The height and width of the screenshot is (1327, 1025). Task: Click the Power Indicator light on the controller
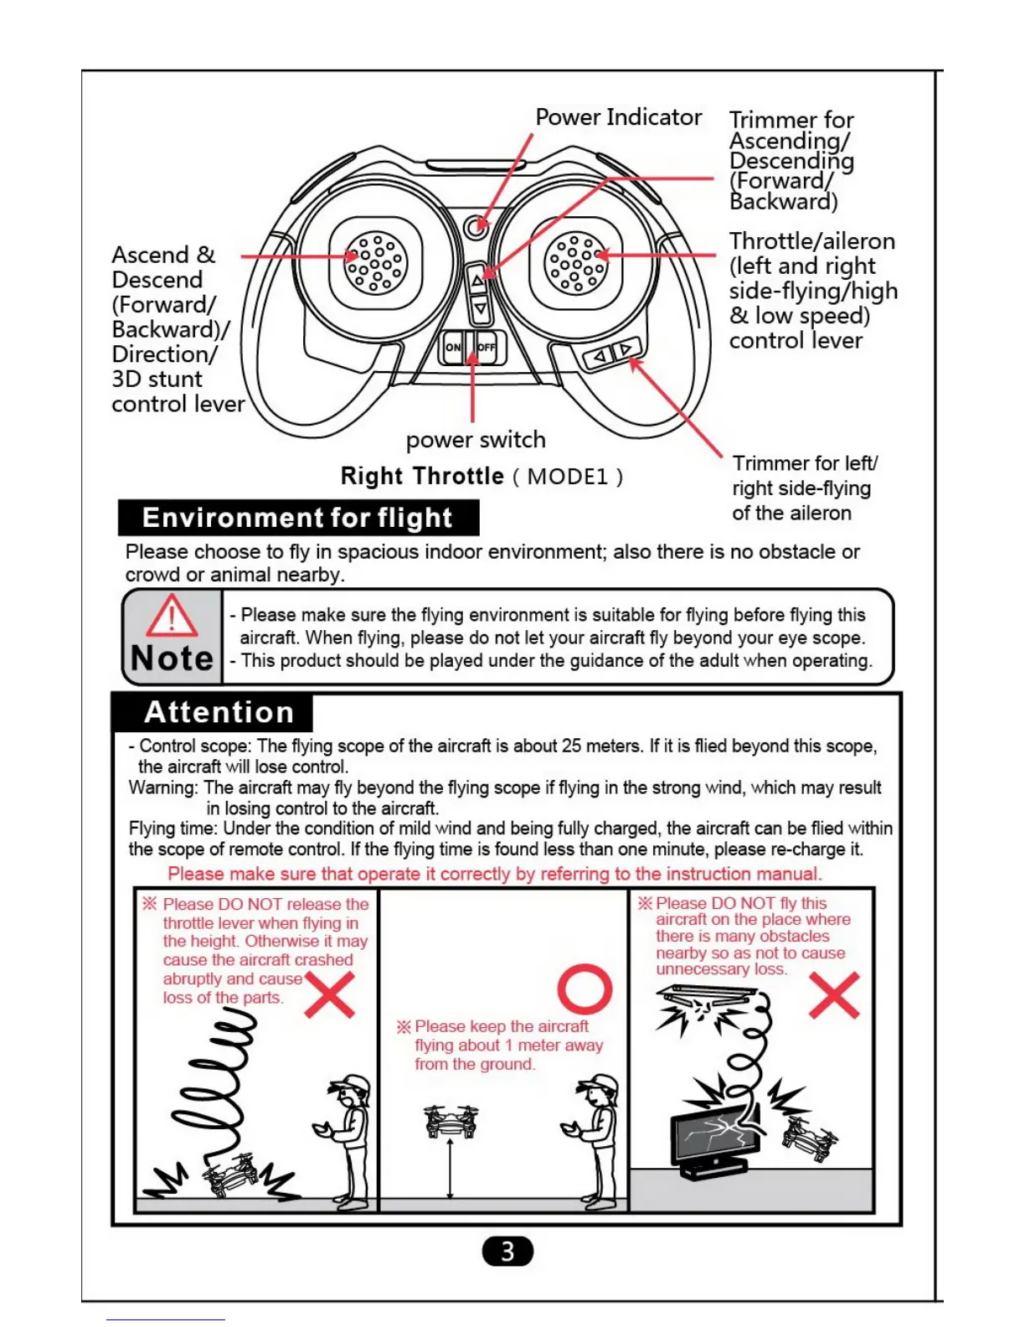coord(476,225)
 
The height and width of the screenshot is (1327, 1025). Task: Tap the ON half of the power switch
coord(453,347)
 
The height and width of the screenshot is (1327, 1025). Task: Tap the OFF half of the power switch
coord(487,347)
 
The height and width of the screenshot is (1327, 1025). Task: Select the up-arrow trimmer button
coord(477,280)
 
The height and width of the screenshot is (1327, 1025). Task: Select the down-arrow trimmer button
coord(480,309)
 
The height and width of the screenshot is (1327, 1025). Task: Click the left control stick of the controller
coord(376,262)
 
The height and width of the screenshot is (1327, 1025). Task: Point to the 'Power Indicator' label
coord(618,117)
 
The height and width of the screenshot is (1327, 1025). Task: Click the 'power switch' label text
coord(476,440)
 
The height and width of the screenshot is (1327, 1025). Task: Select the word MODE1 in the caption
coord(568,477)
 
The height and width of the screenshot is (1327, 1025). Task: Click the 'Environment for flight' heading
coord(297,518)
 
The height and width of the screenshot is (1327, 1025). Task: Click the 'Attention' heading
coord(219,712)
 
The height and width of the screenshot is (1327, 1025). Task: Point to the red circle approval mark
coord(585,989)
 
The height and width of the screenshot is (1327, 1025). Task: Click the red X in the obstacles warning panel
coord(834,994)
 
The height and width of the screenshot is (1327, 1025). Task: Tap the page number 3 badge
coord(507,1252)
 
